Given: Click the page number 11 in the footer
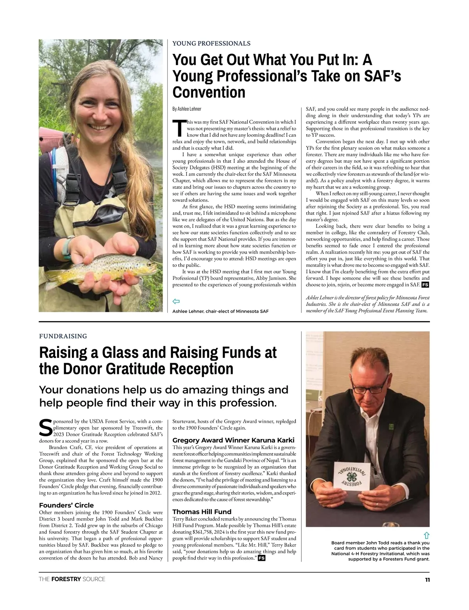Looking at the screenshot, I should coord(427,580).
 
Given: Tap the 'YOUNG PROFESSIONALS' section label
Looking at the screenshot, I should coord(211,43).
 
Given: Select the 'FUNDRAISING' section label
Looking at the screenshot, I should coord(63,336).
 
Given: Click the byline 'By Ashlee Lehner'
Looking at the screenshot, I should coord(187,108).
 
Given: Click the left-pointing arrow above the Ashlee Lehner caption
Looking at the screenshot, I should coord(176,301).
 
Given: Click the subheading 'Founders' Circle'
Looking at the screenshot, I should coord(66,505).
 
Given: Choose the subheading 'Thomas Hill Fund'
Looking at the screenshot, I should coord(202,512).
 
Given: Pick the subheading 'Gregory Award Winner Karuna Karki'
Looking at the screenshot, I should coord(233,440).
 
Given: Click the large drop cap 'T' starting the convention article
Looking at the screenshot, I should coord(178,128).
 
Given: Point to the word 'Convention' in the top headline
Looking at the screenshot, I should coord(209,92).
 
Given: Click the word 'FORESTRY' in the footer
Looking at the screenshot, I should coord(66,579).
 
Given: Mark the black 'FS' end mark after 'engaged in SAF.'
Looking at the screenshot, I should coord(425,285).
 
